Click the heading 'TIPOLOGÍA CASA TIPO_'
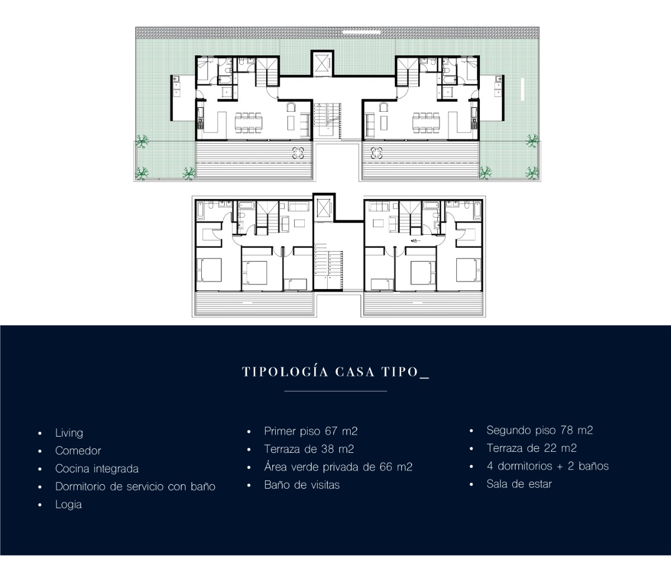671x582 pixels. coord(335,372)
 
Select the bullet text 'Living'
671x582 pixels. coord(69,433)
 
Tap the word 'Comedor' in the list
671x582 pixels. coord(78,451)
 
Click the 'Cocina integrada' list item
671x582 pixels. coord(97,469)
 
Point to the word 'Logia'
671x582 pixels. coord(68,504)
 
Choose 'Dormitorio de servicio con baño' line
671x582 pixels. coord(135,486)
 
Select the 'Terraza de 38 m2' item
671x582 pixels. coord(309,449)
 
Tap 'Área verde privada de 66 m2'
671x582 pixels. coord(338,467)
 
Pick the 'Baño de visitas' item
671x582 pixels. coord(301,485)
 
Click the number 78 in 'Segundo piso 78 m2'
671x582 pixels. coord(567,430)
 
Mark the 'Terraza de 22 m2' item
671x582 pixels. coord(531,448)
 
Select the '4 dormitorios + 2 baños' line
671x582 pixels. coord(547,466)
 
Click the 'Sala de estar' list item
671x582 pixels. coord(519,484)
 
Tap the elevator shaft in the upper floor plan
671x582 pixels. coord(322,64)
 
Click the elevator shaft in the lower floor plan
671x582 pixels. coord(322,209)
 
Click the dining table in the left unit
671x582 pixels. coord(248,122)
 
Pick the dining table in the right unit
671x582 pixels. coord(426,122)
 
